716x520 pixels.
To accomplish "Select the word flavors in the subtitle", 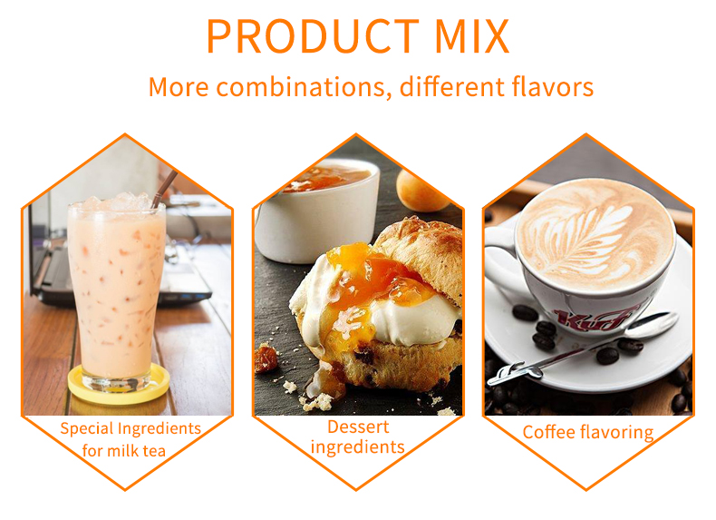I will [547, 87].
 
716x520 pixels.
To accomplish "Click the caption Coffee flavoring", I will [587, 432].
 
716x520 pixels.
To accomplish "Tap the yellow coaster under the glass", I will [117, 388].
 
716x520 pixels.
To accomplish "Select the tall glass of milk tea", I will [117, 290].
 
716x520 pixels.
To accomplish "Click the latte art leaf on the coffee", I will [594, 231].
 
